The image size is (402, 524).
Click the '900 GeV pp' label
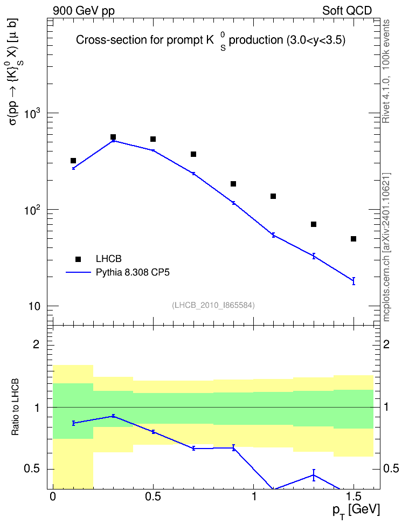click(x=84, y=11)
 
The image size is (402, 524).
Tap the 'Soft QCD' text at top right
click(x=347, y=11)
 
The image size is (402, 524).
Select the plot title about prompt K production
click(x=211, y=41)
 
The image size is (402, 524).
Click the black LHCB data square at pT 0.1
click(x=73, y=161)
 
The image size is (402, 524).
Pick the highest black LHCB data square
click(x=113, y=137)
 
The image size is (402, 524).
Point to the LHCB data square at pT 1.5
click(x=353, y=239)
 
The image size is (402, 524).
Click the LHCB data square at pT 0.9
click(x=233, y=184)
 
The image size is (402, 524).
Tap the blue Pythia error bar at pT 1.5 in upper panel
click(x=354, y=281)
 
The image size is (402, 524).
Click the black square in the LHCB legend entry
click(x=78, y=259)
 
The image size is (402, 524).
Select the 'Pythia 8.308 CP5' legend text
click(x=133, y=272)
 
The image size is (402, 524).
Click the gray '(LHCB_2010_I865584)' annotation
click(x=213, y=305)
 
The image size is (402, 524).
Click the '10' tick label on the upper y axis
click(x=33, y=306)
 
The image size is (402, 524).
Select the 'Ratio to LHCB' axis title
click(x=15, y=407)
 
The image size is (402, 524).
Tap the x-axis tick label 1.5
click(x=354, y=497)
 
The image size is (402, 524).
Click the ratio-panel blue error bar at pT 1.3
click(x=314, y=475)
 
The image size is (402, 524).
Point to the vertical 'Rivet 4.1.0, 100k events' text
click(x=386, y=71)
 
